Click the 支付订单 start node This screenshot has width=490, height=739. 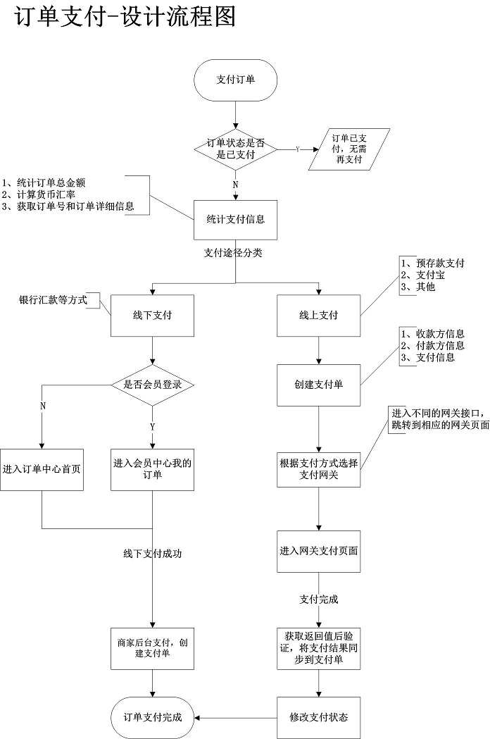pos(235,80)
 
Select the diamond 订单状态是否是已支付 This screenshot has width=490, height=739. pos(235,149)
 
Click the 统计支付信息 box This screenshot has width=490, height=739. pos(235,220)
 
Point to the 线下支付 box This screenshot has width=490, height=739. pos(152,315)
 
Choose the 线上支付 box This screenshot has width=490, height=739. pos(318,315)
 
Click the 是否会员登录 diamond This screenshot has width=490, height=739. pos(152,384)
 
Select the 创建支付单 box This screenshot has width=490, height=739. pos(318,385)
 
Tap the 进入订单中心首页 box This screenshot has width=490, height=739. pos(42,468)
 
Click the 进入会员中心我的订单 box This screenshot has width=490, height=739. pos(152,468)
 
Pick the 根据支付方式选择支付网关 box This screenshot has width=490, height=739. pos(318,469)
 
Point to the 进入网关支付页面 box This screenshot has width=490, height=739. pos(318,550)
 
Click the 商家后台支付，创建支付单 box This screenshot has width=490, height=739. pos(152,648)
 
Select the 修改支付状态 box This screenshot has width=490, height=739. pos(318,717)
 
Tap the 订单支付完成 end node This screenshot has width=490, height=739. pos(152,717)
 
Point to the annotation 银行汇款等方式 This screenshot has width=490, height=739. pos(53,300)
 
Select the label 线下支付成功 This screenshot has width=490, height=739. pos(152,554)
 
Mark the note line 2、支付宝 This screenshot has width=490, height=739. pos(422,275)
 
